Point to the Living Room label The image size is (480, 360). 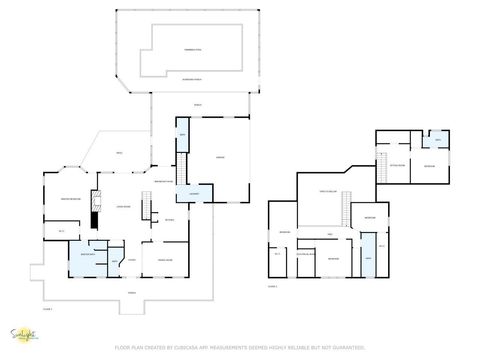click(124, 207)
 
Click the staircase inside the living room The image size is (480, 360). click(145, 209)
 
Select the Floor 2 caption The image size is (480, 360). click(272, 286)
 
